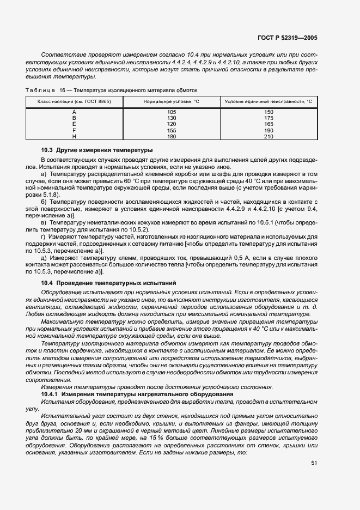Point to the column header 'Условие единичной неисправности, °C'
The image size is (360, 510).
pos(269,101)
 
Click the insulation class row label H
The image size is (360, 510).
pos(74,137)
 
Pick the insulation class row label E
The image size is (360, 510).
pos(74,124)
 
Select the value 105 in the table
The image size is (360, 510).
pos(172,112)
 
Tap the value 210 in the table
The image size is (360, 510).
pos(269,137)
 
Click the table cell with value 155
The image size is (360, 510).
pos(172,131)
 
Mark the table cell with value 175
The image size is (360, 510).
pos(269,118)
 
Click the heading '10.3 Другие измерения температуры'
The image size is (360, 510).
pos(97,149)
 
